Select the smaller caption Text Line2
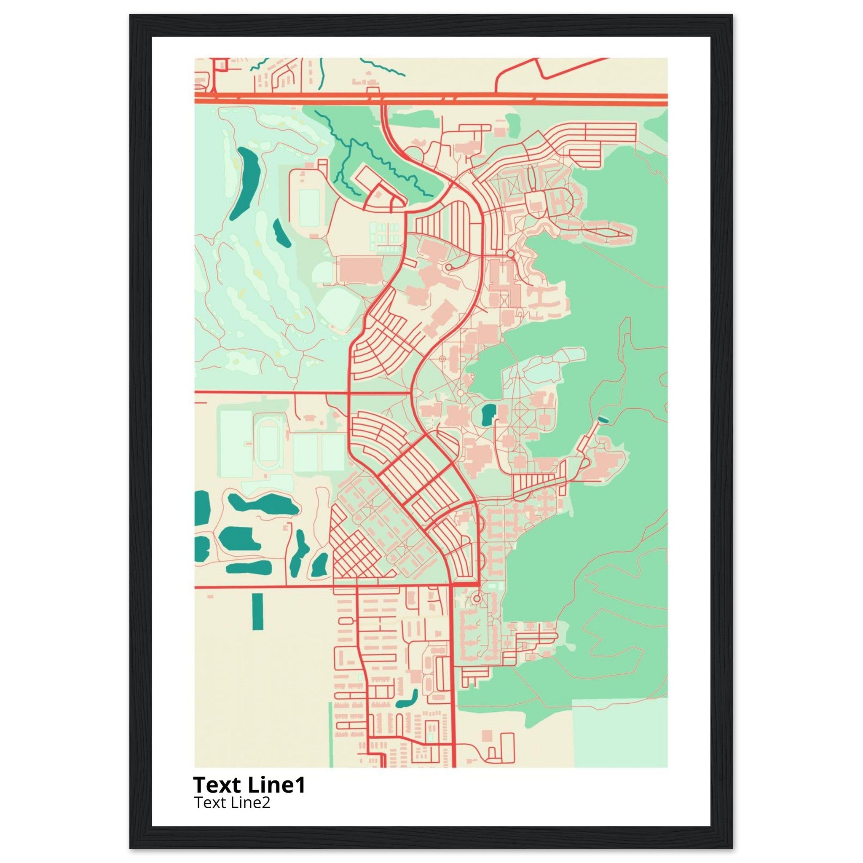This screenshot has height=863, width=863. [232, 803]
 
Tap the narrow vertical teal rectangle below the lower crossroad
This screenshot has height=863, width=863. [258, 611]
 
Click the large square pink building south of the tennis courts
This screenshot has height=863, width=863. [359, 270]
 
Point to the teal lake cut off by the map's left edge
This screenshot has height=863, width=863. [202, 508]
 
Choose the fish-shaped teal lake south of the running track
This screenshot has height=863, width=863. [263, 504]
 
